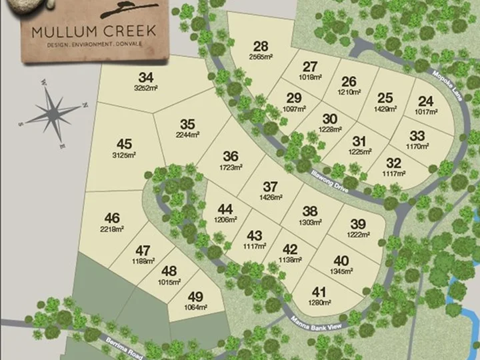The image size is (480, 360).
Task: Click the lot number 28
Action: coord(261,46)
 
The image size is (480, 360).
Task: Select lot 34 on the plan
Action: coord(146,77)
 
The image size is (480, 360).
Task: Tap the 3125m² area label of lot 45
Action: coord(124,155)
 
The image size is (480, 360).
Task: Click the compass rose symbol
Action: coord(53,113)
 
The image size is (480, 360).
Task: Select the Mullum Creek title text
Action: coord(93,31)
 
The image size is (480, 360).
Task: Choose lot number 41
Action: coord(319,291)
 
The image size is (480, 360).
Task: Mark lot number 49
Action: coord(195,297)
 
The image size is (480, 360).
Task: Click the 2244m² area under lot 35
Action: coord(187,134)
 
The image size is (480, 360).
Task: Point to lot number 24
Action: coord(425,101)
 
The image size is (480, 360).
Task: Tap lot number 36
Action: coord(231,155)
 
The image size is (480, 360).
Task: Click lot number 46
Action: coord(112,217)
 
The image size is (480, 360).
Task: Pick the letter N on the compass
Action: coord(85,105)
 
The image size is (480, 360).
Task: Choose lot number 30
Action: coord(330,119)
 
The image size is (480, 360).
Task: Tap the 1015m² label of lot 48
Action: coord(169,282)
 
